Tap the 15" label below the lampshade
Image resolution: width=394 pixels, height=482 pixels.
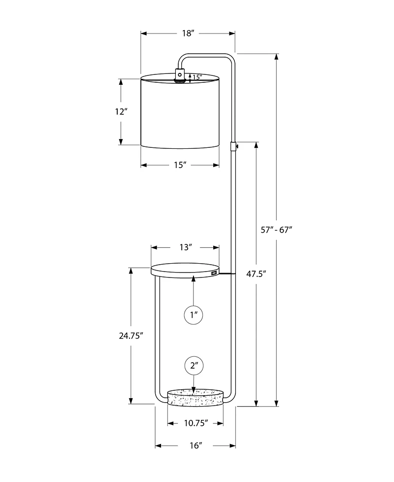180,165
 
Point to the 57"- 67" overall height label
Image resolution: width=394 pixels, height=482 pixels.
276,229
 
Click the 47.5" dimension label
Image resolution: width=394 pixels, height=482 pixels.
256,274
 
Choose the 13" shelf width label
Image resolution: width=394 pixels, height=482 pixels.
185,247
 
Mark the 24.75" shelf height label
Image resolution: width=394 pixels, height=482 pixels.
131,336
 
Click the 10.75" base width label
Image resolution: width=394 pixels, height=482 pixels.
196,423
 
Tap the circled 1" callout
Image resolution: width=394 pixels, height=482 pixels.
194,314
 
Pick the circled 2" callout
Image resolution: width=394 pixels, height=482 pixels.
194,366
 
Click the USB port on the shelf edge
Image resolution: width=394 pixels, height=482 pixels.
214,272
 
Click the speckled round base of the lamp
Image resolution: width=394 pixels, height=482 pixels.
195,397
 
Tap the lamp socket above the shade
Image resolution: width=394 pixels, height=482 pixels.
180,75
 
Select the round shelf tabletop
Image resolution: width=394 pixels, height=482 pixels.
185,271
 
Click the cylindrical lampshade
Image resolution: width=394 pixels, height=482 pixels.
180,112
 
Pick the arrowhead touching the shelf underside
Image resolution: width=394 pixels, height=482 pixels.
194,279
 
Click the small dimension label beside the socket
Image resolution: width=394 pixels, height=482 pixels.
197,77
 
